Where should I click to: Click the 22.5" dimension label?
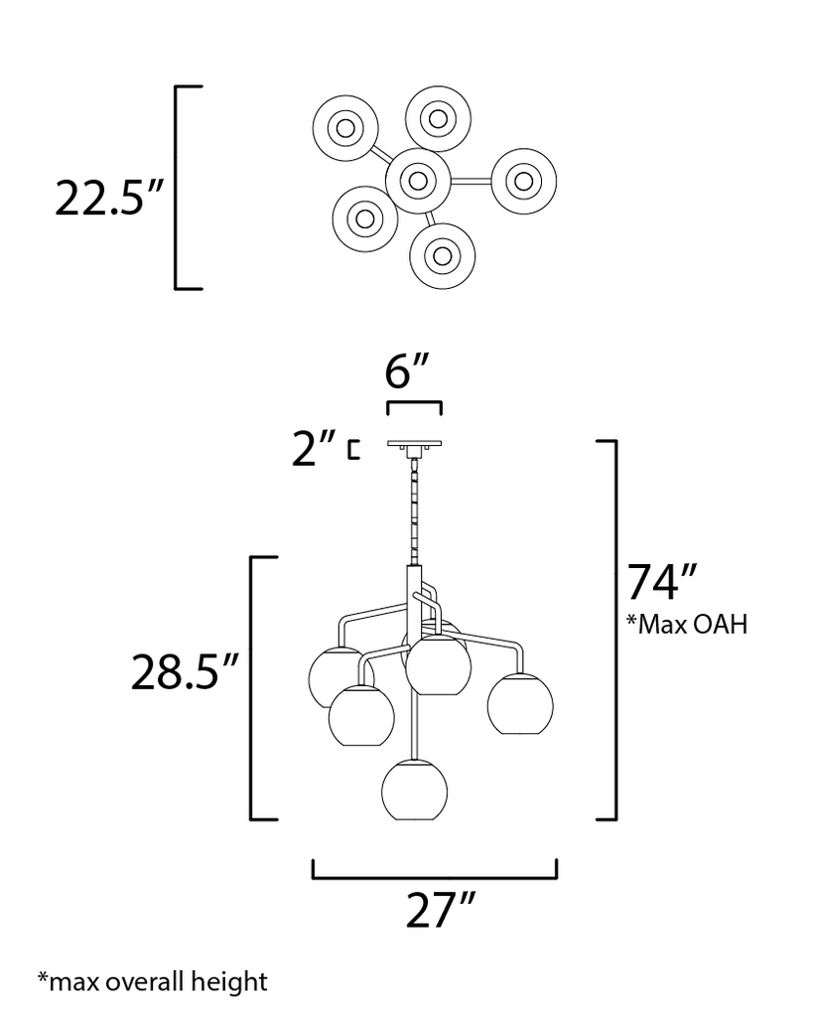[x=108, y=198]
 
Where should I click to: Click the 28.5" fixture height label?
[x=186, y=672]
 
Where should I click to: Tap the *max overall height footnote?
[x=152, y=982]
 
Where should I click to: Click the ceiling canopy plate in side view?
[x=414, y=445]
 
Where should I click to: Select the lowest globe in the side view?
[x=414, y=790]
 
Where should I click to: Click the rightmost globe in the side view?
[x=519, y=702]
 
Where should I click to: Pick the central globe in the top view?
[x=418, y=181]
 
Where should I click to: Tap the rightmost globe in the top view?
[x=523, y=181]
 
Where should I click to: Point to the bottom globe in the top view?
[x=442, y=253]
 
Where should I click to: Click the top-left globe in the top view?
[x=345, y=128]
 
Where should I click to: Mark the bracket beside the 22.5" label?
[x=179, y=188]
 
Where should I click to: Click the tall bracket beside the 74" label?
[x=614, y=630]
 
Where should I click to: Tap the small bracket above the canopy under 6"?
[x=414, y=406]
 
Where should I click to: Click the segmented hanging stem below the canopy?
[x=414, y=511]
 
